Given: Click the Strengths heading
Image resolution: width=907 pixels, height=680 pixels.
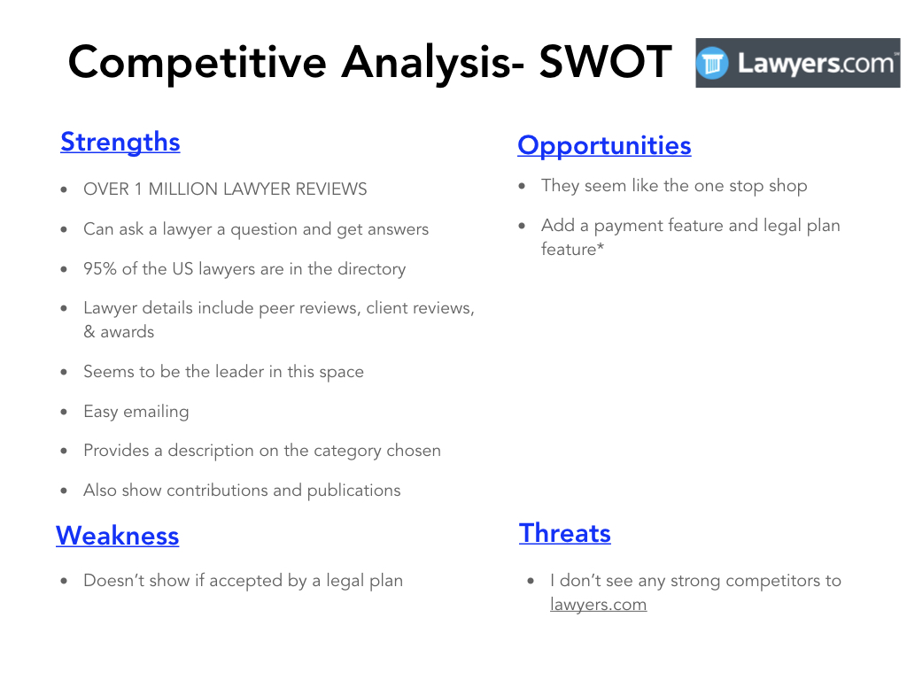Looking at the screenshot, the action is [x=120, y=143].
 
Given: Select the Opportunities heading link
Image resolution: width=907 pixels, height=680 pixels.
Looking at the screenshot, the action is [x=604, y=146].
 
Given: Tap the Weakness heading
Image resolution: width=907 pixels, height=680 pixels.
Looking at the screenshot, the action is [x=118, y=536].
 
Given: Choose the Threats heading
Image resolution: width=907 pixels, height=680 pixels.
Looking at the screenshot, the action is [x=565, y=532].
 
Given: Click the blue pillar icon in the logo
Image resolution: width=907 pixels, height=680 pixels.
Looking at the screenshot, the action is [x=713, y=63].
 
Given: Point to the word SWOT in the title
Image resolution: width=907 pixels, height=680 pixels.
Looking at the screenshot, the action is [x=605, y=62].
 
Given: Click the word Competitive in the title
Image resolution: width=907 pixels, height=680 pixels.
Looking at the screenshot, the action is [x=198, y=63].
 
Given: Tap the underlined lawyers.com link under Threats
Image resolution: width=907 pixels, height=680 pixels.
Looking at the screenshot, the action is [x=598, y=604].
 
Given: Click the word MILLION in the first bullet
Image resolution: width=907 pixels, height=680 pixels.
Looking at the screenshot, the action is [x=183, y=189].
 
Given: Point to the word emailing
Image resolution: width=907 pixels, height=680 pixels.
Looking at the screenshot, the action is [x=156, y=412].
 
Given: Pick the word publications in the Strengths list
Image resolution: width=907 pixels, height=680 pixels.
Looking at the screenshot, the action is [x=353, y=491].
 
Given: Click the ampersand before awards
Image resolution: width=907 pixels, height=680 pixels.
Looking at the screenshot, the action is [x=89, y=332].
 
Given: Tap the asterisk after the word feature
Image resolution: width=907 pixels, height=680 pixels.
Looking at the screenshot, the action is [x=601, y=246].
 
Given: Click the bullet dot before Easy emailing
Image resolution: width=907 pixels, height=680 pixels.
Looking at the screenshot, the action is [x=64, y=413].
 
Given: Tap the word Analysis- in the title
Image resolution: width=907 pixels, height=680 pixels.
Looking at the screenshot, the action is [x=432, y=63].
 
